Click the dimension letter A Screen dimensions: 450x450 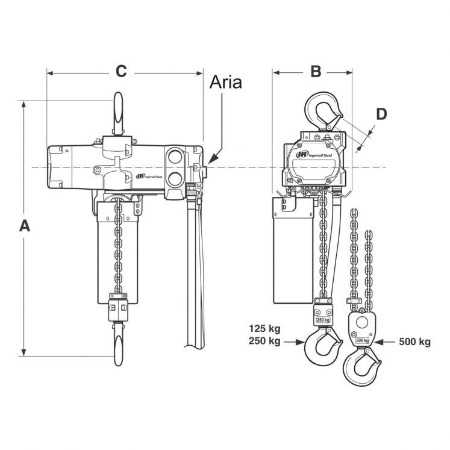point(25,226)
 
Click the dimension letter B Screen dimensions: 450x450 point(316,71)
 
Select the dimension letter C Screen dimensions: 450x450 point(121,71)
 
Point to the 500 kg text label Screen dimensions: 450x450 point(415,342)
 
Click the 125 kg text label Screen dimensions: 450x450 point(265,330)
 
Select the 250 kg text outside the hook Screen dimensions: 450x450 point(265,342)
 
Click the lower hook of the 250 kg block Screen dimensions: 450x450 point(323,347)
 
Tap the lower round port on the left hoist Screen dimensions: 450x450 point(176,178)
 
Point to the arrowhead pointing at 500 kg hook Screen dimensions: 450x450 point(378,342)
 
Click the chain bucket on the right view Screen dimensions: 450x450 point(293,250)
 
